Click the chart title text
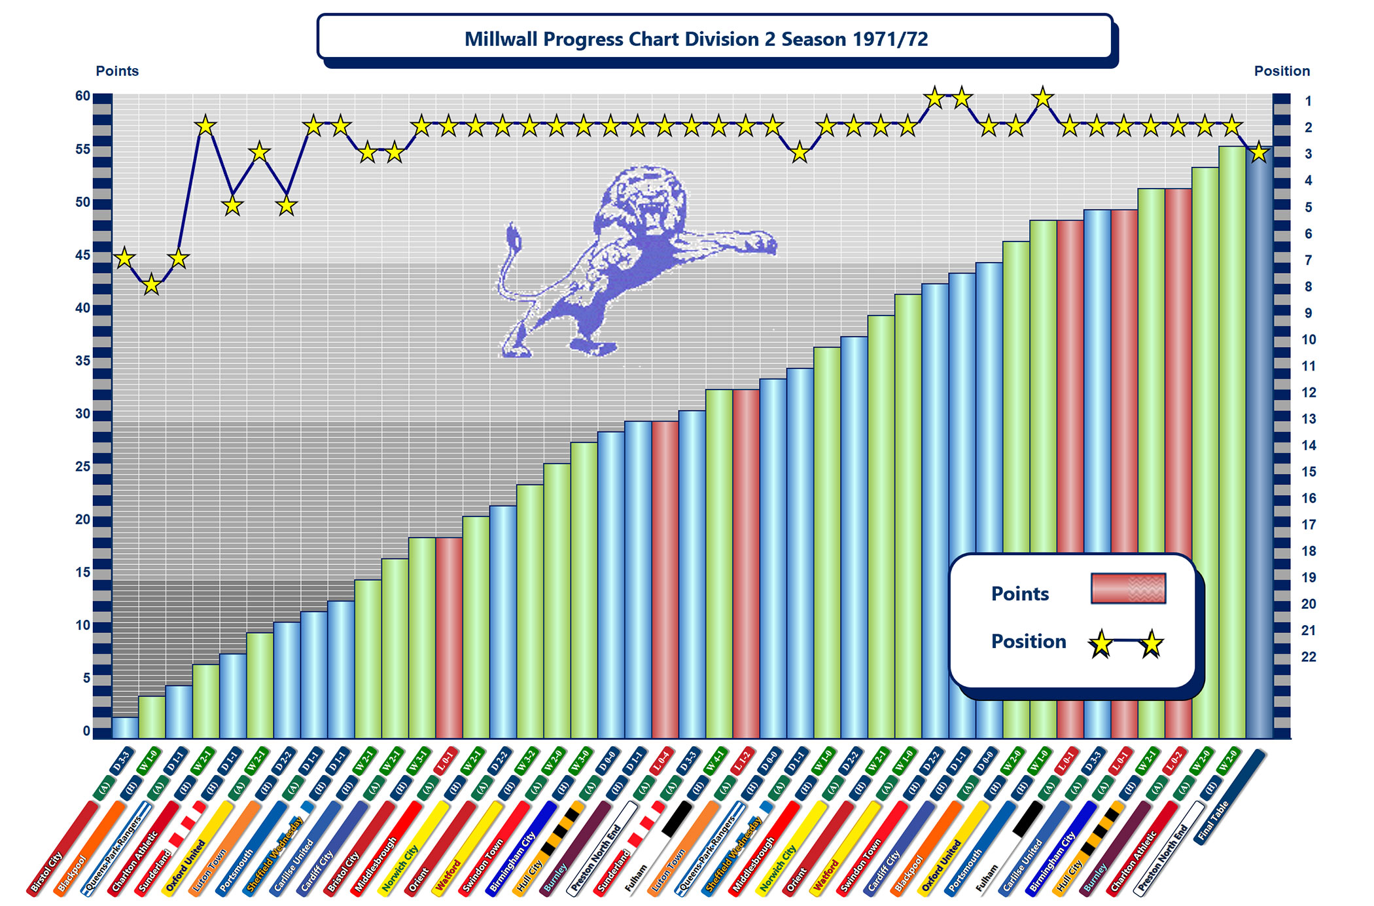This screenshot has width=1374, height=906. pyautogui.click(x=696, y=39)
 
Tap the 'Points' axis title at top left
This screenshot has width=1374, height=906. pyautogui.click(x=117, y=71)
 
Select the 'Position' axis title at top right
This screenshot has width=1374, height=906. pyautogui.click(x=1282, y=71)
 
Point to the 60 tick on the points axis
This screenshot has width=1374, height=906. pyautogui.click(x=82, y=96)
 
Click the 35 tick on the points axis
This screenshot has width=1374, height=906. pyautogui.click(x=82, y=361)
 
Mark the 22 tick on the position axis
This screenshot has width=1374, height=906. pyautogui.click(x=1308, y=657)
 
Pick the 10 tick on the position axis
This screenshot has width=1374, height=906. pyautogui.click(x=1308, y=340)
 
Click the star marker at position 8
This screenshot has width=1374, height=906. pyautogui.click(x=151, y=285)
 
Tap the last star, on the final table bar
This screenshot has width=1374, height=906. pyautogui.click(x=1259, y=153)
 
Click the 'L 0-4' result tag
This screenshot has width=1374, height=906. pyautogui.click(x=663, y=761)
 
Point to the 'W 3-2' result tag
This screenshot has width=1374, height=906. pyautogui.click(x=527, y=761)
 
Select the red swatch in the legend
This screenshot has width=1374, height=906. pyautogui.click(x=1128, y=588)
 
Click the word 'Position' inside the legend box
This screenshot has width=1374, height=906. pyautogui.click(x=1028, y=641)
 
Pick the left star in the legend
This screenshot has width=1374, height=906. pyautogui.click(x=1101, y=644)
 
